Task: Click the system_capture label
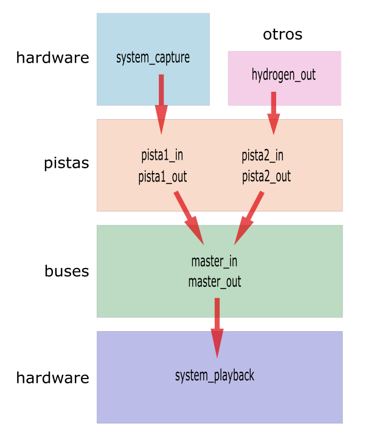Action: [x=153, y=58]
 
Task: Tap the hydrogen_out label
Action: [x=283, y=75]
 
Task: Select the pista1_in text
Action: [x=162, y=155]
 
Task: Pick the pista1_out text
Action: [x=162, y=177]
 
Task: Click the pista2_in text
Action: [x=262, y=155]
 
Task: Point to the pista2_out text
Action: [x=266, y=176]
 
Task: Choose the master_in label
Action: [x=214, y=261]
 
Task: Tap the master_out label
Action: [x=214, y=282]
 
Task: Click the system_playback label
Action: [x=214, y=375]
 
